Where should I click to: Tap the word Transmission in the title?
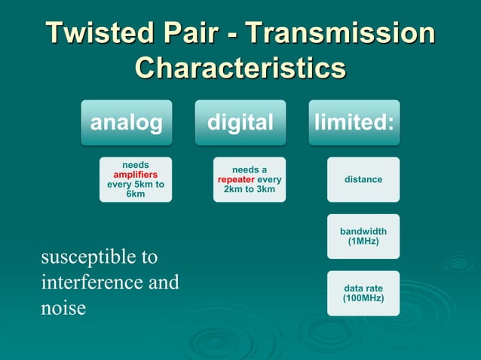point(340,34)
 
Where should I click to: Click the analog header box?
point(127,123)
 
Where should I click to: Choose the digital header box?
point(240,123)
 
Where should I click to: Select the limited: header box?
point(354,123)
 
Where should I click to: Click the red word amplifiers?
point(136,174)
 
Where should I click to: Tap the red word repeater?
point(236,180)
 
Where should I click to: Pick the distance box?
point(363,179)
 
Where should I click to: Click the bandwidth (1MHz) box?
point(363,236)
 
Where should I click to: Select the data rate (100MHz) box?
point(363,293)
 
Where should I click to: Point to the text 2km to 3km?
point(250,189)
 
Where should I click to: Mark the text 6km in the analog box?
point(136,194)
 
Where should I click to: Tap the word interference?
point(90,283)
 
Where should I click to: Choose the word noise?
point(63,309)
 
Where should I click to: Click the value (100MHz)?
point(363,298)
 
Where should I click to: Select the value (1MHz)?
point(363,242)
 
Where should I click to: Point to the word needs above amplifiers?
point(136,164)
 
